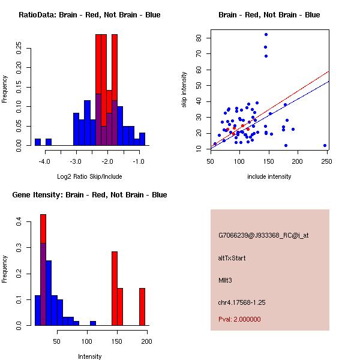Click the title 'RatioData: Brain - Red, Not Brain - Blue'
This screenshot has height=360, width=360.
click(89, 15)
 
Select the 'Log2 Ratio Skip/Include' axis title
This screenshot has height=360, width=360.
click(89, 176)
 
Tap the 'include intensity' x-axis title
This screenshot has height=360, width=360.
click(269, 176)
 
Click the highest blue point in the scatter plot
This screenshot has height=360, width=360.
click(266, 35)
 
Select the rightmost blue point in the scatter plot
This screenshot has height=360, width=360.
click(325, 145)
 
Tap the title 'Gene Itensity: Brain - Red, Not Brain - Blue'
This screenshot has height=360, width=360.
click(89, 195)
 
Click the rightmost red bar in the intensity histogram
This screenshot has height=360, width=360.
click(142, 307)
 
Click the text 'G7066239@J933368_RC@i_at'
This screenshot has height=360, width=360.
click(263, 236)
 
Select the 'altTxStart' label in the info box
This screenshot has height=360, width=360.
click(232, 258)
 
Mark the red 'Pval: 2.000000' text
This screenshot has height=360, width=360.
click(239, 319)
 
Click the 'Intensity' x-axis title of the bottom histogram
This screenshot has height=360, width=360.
click(89, 356)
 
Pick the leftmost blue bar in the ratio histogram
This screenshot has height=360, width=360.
click(38, 142)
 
